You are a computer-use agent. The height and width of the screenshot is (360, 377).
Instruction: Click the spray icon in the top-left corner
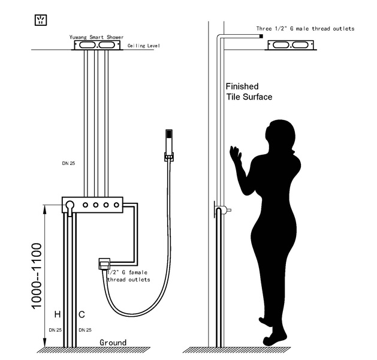tap(41, 20)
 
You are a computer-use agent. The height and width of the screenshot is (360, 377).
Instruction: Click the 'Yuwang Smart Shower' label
tap(96, 37)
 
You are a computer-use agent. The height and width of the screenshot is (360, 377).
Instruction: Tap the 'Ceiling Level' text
tap(143, 46)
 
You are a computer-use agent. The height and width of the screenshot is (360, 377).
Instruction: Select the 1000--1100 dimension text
tap(37, 276)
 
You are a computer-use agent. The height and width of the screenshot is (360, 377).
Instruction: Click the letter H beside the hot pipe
tap(58, 314)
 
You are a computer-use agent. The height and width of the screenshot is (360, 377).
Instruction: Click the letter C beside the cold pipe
tap(82, 314)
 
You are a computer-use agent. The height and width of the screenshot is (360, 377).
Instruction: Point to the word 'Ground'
tap(113, 343)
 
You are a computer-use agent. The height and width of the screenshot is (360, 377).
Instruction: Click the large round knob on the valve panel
tap(70, 205)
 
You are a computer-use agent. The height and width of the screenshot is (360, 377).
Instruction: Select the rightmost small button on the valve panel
tap(116, 205)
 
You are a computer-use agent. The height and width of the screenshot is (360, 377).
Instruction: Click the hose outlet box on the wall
tap(104, 264)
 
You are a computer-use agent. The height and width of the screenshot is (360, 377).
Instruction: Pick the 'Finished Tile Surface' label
tap(249, 92)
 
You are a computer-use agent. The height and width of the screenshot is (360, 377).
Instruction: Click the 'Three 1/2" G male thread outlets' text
tap(305, 29)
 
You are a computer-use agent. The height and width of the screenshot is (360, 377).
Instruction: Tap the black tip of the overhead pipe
tap(261, 37)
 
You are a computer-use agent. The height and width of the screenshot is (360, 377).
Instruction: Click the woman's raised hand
tap(236, 154)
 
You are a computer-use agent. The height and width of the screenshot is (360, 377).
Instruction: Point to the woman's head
tap(281, 135)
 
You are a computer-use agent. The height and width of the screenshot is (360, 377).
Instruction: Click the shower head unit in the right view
tap(291, 45)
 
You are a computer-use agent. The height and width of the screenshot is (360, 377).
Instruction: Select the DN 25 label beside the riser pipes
tap(68, 163)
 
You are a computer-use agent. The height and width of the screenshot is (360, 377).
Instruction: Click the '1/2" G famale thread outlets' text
tap(129, 276)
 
